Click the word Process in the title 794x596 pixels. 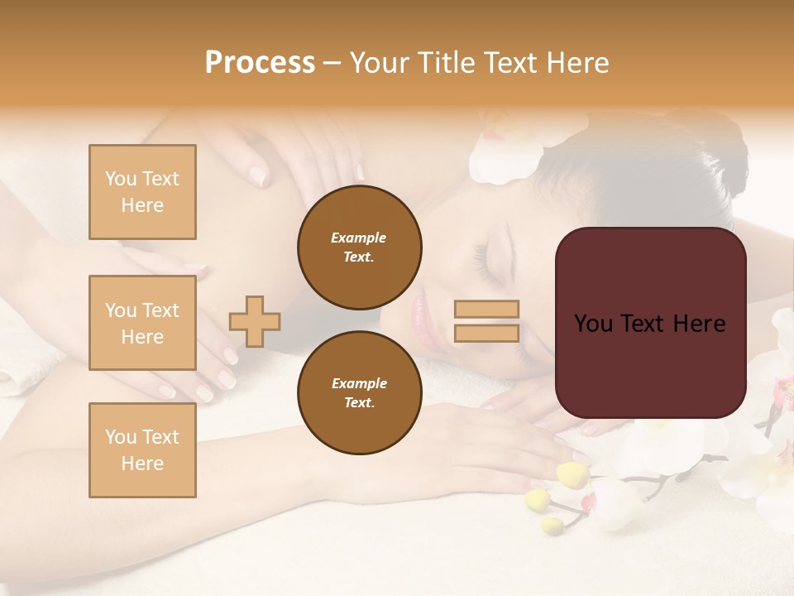click(260, 63)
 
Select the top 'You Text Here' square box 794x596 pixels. click(142, 192)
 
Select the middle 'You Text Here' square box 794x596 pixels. click(142, 323)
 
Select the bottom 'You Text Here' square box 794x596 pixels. click(142, 450)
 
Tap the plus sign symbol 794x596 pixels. click(255, 321)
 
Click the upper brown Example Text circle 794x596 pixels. click(359, 248)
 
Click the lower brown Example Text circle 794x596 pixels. click(359, 393)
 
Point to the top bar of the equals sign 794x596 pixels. click(486, 310)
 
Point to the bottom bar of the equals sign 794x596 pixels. click(486, 334)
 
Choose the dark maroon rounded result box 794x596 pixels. click(650, 323)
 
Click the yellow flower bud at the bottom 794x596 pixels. click(572, 474)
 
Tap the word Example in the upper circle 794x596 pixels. click(359, 238)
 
